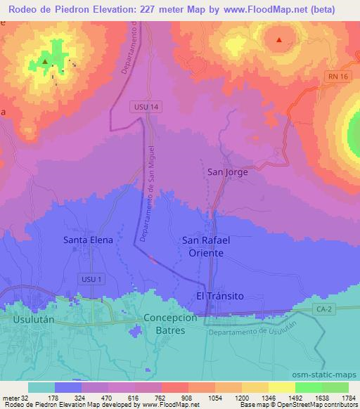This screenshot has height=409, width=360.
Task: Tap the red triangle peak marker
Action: pos(280,39)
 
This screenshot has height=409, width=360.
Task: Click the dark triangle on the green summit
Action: pos(45,62)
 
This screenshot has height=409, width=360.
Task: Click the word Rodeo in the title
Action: pos(25,9)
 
